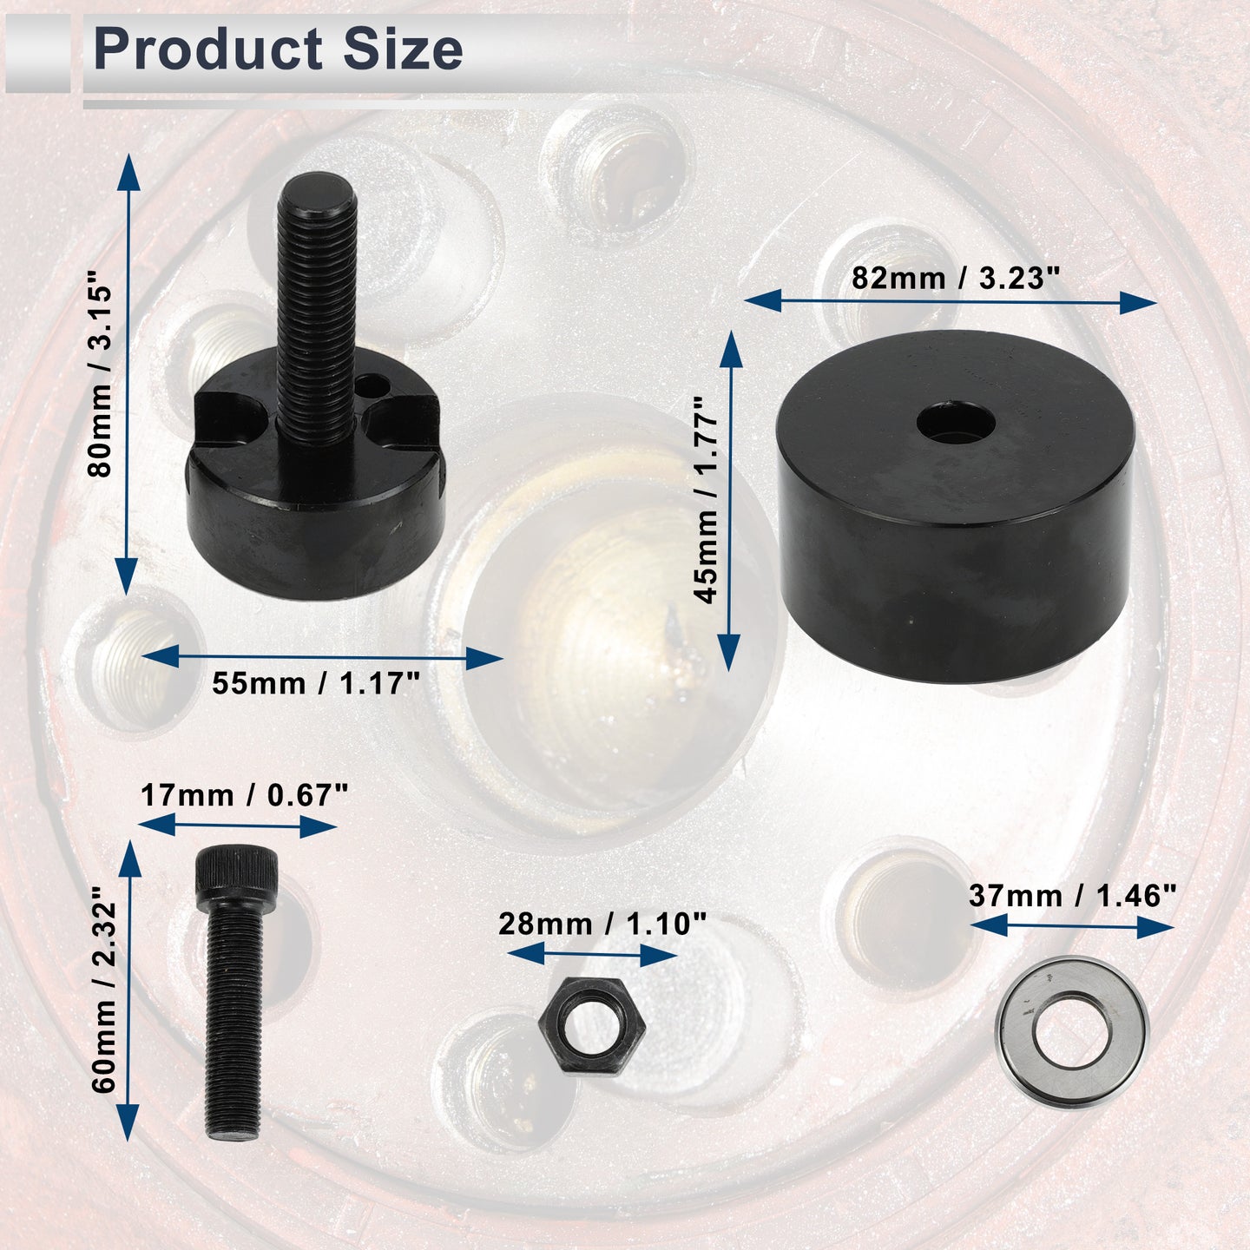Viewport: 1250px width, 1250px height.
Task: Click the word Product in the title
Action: pyautogui.click(x=208, y=49)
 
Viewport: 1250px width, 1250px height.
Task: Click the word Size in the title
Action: pyautogui.click(x=403, y=49)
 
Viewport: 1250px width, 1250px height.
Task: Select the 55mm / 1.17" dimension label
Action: pyautogui.click(x=316, y=683)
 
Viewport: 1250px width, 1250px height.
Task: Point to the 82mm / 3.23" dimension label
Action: pyautogui.click(x=956, y=279)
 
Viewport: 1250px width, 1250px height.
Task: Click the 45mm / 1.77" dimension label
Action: pyautogui.click(x=706, y=499)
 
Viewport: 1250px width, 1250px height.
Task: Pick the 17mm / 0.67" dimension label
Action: pyautogui.click(x=245, y=794)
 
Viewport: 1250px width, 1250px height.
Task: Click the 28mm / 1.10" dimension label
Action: pyautogui.click(x=602, y=924)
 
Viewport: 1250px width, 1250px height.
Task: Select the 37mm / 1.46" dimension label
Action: pyautogui.click(x=1072, y=896)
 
